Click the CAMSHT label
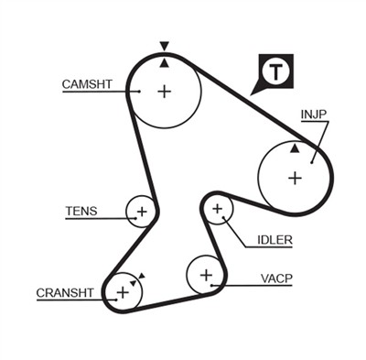(87, 84)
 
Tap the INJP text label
(314, 115)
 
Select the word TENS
(81, 211)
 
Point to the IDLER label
(274, 241)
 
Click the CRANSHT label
(65, 293)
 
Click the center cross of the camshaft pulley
(164, 91)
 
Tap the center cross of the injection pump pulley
(295, 177)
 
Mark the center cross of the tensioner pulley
(141, 212)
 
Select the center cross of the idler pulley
(217, 210)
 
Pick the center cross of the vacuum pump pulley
(206, 274)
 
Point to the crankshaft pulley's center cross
(122, 292)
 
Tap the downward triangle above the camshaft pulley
(164, 46)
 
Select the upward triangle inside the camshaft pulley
(164, 62)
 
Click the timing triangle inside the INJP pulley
(295, 147)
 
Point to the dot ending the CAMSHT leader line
(138, 91)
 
